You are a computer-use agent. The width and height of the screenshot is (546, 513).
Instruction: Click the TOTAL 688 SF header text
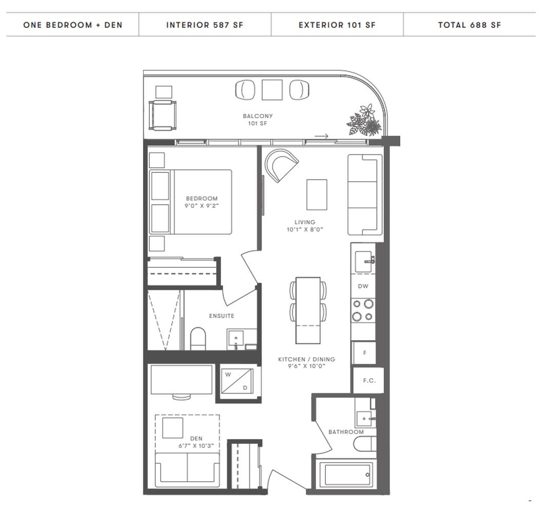point(470,25)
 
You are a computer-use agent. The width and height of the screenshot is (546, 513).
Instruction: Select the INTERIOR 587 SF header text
point(205,25)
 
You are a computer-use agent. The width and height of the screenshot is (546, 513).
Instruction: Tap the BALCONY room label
point(258,116)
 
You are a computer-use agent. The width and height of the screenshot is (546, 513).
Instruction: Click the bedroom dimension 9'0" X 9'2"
point(202,206)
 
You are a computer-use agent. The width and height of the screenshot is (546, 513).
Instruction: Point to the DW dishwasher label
point(363,286)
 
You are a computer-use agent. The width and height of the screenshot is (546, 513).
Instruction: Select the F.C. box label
point(369,381)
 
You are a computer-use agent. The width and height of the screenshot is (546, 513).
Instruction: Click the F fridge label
point(364,353)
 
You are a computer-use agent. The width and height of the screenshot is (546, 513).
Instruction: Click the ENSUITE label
point(222,315)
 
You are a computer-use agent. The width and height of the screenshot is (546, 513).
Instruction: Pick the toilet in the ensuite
point(198,338)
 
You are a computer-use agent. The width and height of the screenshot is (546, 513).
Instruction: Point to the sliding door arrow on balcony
point(321,136)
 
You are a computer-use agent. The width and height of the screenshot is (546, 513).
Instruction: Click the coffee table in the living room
point(317,194)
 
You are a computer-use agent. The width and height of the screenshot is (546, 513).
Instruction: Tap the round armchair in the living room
point(281,165)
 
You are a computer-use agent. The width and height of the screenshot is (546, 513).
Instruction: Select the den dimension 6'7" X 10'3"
point(196,446)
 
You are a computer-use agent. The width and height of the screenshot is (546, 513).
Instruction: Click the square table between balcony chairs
point(272,90)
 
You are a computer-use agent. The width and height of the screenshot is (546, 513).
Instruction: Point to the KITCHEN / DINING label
point(307,359)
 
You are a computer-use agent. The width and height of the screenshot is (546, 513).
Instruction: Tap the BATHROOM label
point(346,432)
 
